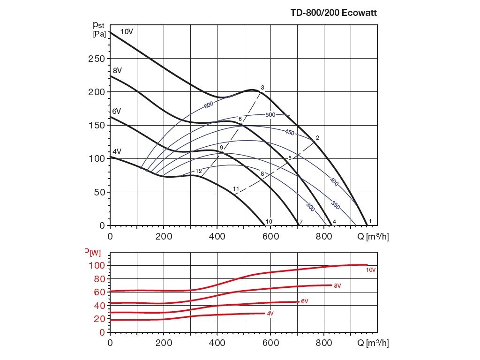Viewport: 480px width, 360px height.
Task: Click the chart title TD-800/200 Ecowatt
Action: [334, 13]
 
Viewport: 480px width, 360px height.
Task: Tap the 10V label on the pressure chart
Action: [127, 32]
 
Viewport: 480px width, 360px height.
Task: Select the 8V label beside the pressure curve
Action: [117, 70]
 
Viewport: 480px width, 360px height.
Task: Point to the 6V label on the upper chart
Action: [117, 111]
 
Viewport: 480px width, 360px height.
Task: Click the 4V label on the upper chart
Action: [117, 151]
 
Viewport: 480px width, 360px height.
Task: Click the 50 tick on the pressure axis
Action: [98, 192]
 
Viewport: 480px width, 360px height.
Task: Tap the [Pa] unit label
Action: [99, 34]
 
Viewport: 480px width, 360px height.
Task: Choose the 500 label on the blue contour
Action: [270, 114]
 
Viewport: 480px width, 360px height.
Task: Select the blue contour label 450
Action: [290, 133]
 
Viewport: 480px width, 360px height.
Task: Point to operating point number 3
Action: [263, 88]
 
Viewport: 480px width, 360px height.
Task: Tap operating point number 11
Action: [236, 189]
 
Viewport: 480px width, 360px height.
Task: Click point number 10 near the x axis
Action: [269, 221]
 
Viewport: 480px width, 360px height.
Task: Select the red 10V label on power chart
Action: [371, 270]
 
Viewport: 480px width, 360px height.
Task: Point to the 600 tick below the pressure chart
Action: [270, 237]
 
